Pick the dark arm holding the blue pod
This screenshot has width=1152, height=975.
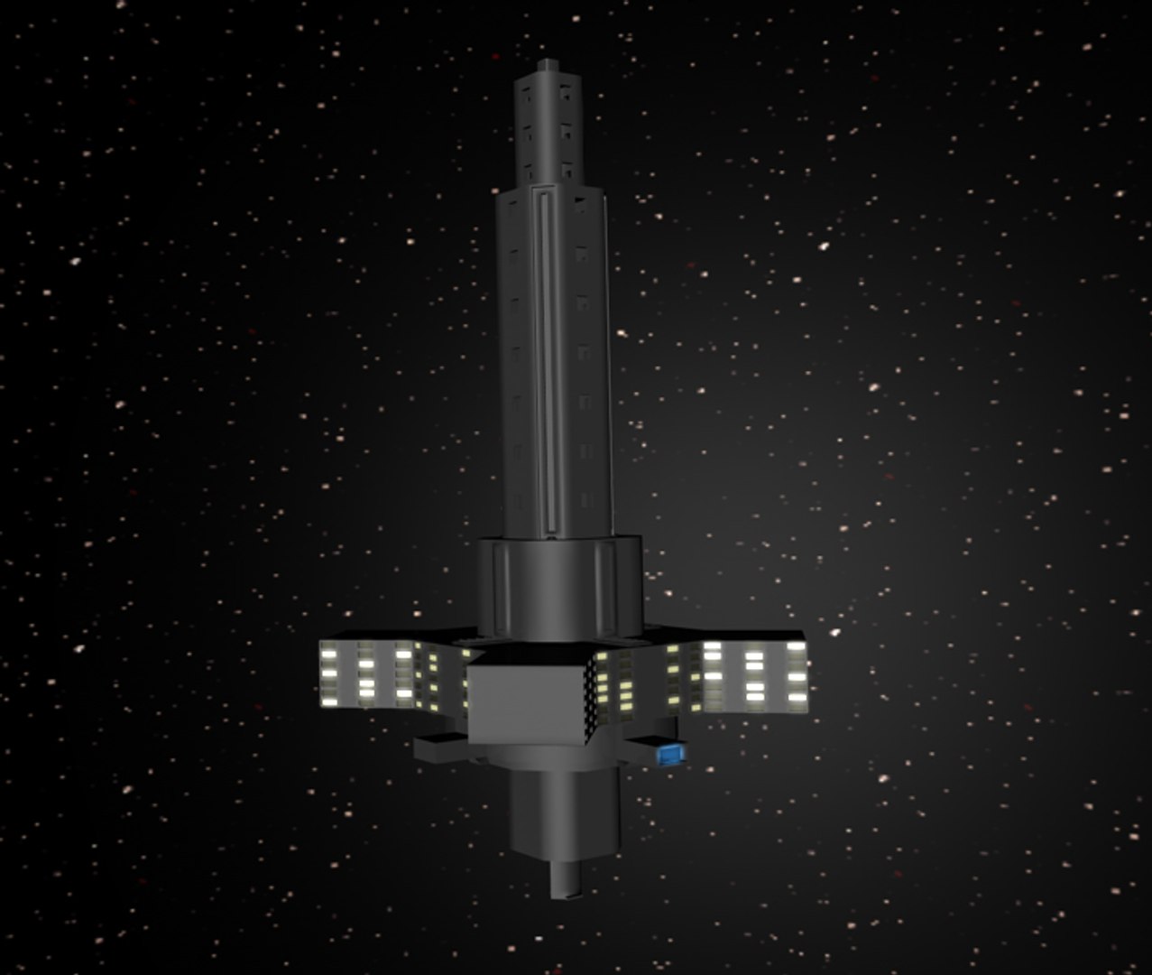[642, 747]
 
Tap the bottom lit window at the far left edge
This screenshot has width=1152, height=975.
[329, 699]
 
